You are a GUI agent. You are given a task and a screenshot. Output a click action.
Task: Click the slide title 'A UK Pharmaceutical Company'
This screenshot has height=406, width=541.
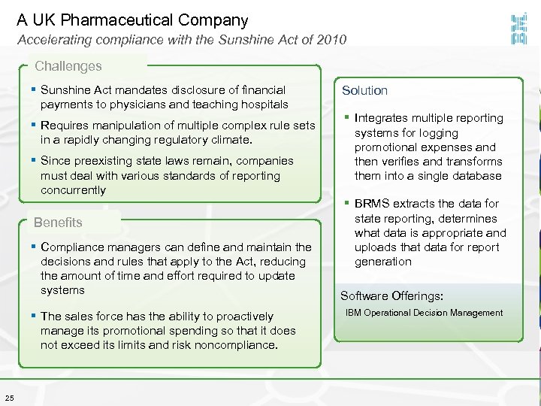tap(132, 20)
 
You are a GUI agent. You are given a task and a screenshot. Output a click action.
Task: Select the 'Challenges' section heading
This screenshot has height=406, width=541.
tap(68, 66)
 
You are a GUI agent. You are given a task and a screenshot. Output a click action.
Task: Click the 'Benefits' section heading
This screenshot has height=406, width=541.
tap(58, 223)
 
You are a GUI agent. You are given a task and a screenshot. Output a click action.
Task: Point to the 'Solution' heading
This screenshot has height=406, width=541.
tap(364, 90)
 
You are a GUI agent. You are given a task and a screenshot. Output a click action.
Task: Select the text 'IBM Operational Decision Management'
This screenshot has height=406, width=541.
tap(424, 313)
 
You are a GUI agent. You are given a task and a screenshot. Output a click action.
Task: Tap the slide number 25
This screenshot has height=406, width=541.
tap(8, 398)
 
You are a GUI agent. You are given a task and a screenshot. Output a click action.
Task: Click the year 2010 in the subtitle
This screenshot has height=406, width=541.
tap(333, 40)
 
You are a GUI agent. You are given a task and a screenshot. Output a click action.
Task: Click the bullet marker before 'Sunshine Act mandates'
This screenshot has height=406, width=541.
tap(35, 90)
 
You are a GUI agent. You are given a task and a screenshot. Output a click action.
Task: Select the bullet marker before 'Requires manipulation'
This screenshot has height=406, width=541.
tap(35, 126)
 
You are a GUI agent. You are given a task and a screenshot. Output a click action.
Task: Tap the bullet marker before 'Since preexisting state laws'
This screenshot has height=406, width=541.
tap(35, 161)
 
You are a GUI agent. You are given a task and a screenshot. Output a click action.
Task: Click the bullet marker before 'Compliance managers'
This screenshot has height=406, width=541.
tap(35, 247)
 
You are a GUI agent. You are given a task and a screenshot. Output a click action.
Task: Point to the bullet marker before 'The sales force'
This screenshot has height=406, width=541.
tap(35, 317)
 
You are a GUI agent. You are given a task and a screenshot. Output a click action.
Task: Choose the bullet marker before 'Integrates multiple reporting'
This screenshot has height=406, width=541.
tap(348, 118)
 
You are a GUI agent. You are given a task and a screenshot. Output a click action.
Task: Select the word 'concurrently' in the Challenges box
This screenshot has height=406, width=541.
tap(73, 190)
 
